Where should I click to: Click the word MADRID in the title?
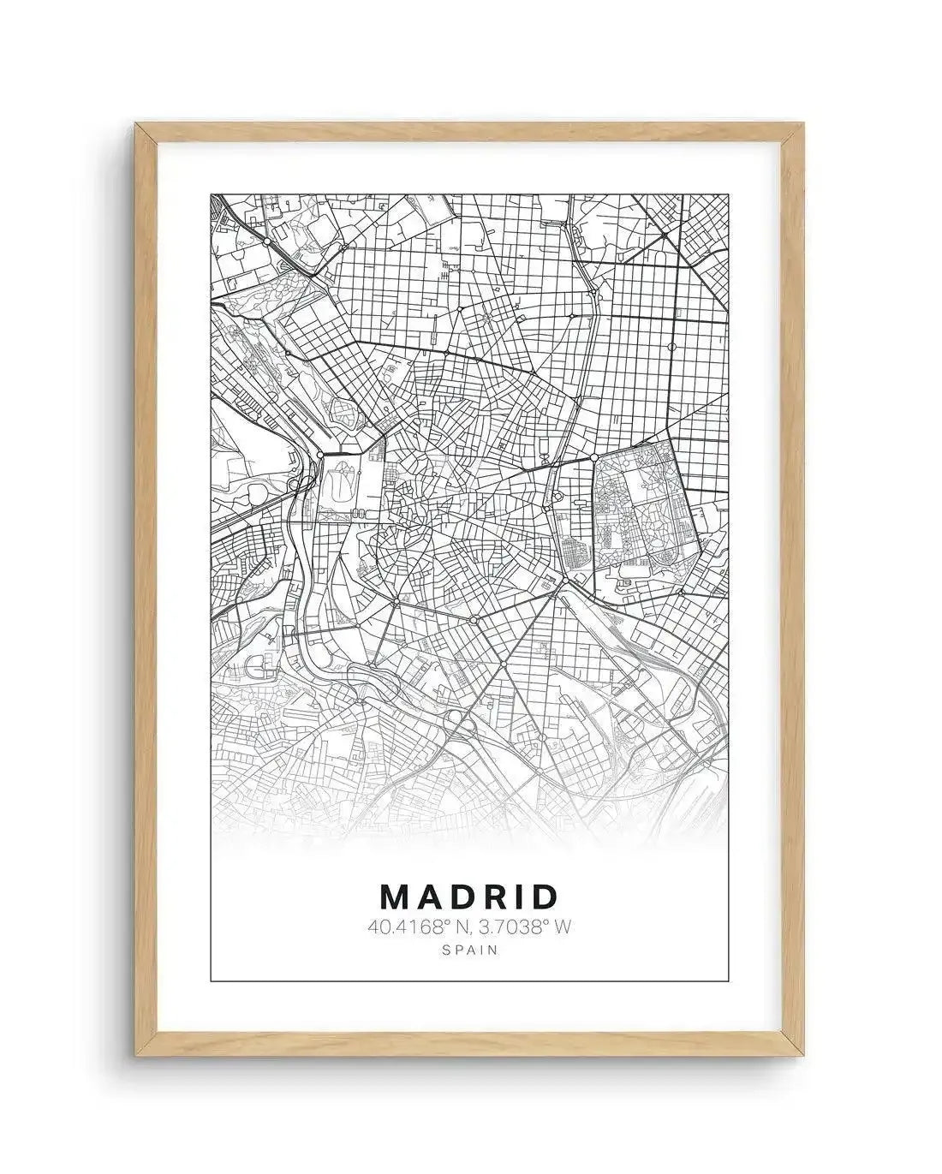click(x=468, y=897)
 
